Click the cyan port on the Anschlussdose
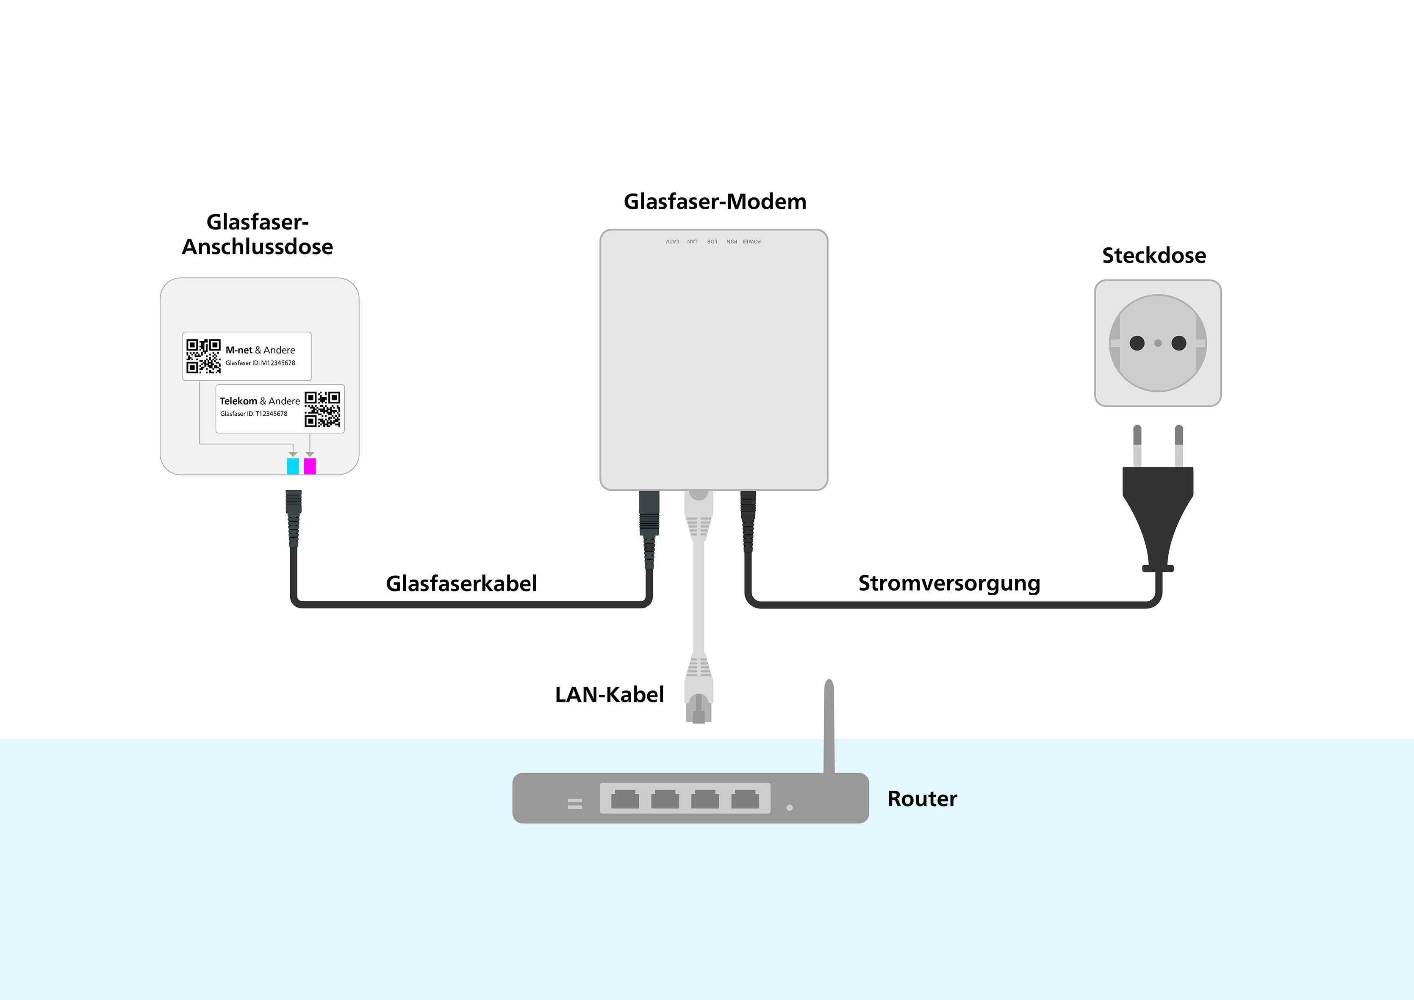click(293, 466)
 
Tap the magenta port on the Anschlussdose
click(310, 466)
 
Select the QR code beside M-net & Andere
click(203, 356)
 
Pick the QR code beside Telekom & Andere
click(322, 409)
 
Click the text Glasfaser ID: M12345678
click(260, 363)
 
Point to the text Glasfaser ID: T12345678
click(254, 414)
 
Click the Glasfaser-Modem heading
click(715, 202)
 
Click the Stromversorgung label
click(949, 583)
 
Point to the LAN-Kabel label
click(609, 695)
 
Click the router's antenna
click(829, 727)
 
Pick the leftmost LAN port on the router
click(625, 799)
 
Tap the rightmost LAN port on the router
click(745, 799)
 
